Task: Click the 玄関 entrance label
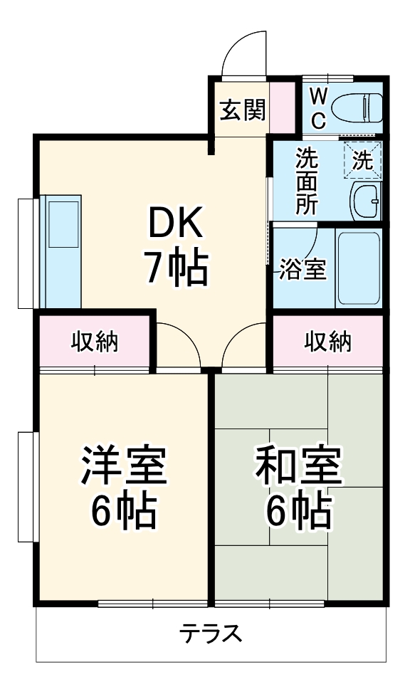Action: coord(242,110)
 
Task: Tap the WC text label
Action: coord(318,107)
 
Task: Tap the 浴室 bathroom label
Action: coord(302,270)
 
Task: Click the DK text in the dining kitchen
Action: coord(176,226)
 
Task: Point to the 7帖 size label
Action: coord(177,268)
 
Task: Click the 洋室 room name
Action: coord(122,465)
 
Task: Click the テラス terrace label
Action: coord(211,632)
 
